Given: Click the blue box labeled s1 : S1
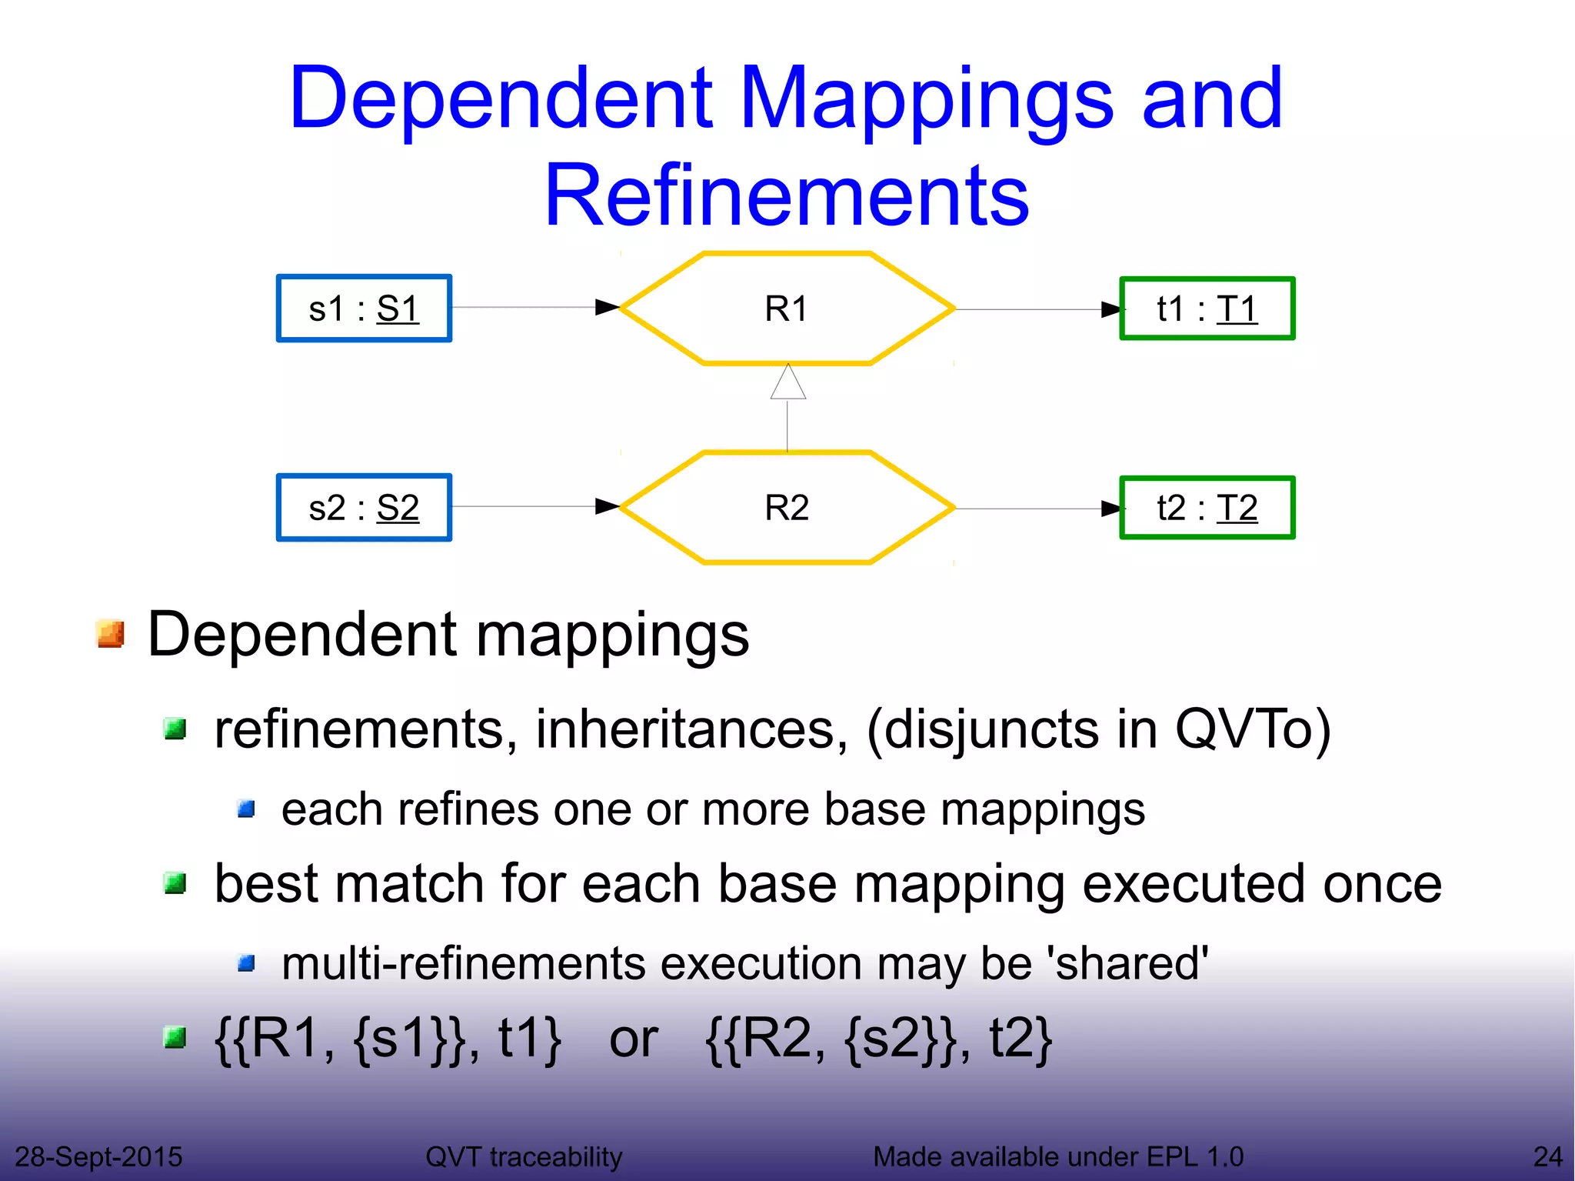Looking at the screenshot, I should click(364, 309).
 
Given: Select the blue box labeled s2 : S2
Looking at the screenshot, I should click(364, 508).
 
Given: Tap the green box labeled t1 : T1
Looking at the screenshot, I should click(1207, 309).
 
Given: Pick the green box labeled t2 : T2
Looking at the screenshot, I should click(1207, 508).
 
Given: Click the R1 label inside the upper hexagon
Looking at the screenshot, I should click(786, 309).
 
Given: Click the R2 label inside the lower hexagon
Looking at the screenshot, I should click(786, 508).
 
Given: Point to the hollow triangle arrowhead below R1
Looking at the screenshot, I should click(788, 383).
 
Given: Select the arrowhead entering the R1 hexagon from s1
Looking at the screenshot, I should click(608, 308).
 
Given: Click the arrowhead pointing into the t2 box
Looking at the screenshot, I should click(1112, 509).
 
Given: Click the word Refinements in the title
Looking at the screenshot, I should click(786, 195).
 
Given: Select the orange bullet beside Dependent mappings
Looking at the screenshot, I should click(112, 635).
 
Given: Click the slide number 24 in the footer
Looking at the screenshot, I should click(1547, 1156).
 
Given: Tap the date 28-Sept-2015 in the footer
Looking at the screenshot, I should click(98, 1156).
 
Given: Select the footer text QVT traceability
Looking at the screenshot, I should click(524, 1156).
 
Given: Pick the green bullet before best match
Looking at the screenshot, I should click(175, 883).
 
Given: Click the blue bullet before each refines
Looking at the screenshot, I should click(246, 809).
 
